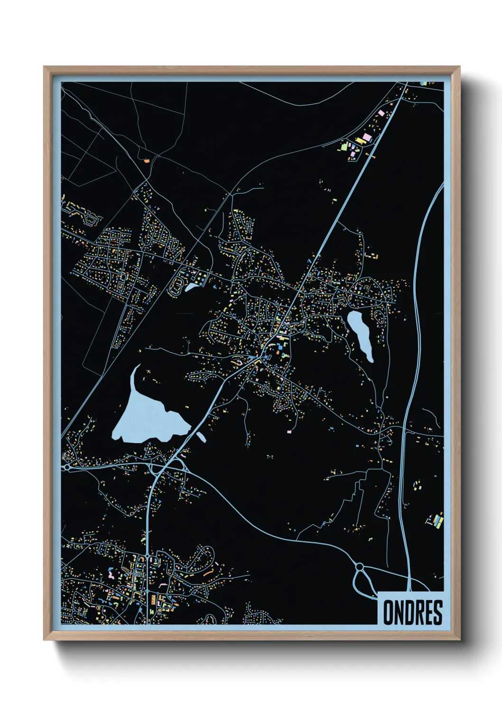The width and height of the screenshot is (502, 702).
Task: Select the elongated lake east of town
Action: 361,334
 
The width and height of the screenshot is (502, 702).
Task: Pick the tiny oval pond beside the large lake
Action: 201,436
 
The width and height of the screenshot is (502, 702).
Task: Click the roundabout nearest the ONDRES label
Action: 359,566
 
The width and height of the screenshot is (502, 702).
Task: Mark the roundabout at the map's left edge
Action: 67,467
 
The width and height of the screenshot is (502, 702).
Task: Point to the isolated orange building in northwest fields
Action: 147,161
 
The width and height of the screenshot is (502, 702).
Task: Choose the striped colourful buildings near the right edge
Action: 436,521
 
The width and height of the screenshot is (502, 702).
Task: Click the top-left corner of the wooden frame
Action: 45,68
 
